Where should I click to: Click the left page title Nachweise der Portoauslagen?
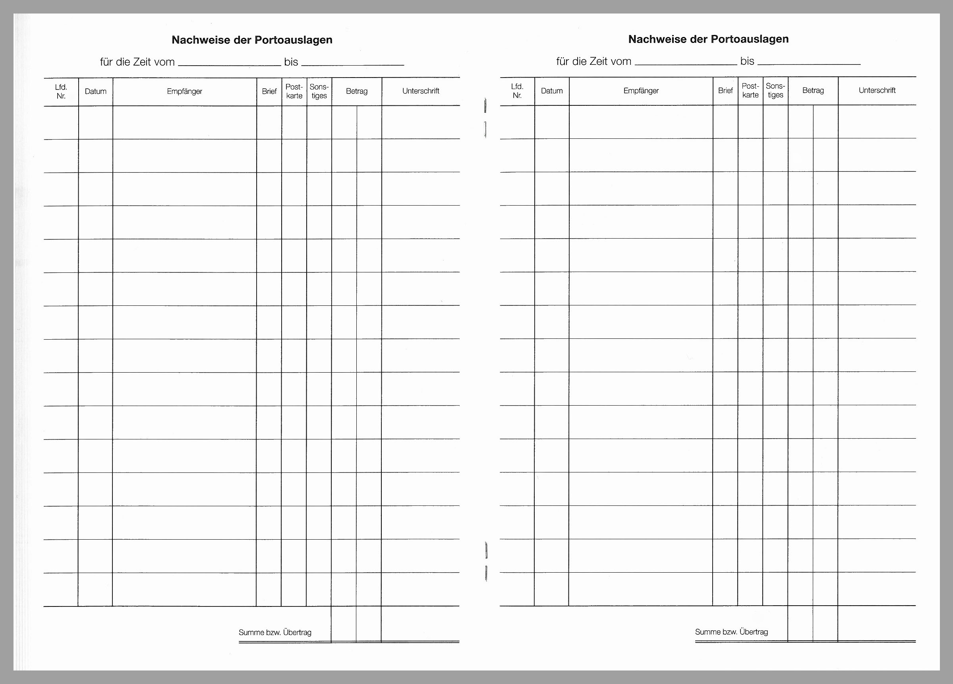point(252,40)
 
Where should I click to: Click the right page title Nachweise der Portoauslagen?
point(708,39)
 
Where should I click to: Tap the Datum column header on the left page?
point(95,91)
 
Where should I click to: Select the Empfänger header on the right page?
point(641,90)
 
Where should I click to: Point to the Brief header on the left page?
point(269,91)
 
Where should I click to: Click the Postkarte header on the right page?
point(750,90)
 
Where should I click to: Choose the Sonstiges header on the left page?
point(319,91)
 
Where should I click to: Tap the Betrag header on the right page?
point(813,90)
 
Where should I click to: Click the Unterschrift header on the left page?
point(421,91)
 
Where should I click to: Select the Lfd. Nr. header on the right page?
point(517,91)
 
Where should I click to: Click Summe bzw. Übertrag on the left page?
point(275,632)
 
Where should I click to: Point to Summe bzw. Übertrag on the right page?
point(731,632)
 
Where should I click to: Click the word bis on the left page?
point(291,62)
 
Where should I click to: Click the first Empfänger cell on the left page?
point(184,122)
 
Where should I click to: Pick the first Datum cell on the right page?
point(552,122)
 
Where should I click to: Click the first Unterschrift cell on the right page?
point(877,122)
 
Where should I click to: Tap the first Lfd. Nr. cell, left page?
point(61,122)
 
